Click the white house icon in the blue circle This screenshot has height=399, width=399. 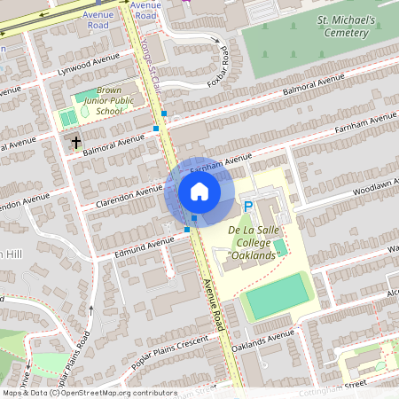pyautogui.click(x=199, y=192)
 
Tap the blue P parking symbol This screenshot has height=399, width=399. pyautogui.click(x=248, y=207)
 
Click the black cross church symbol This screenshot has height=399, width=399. pyautogui.click(x=75, y=142)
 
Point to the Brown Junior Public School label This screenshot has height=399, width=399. pyautogui.click(x=109, y=101)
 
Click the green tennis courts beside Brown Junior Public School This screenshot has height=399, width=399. pyautogui.click(x=67, y=117)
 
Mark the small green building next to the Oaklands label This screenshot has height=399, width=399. pyautogui.click(x=279, y=245)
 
